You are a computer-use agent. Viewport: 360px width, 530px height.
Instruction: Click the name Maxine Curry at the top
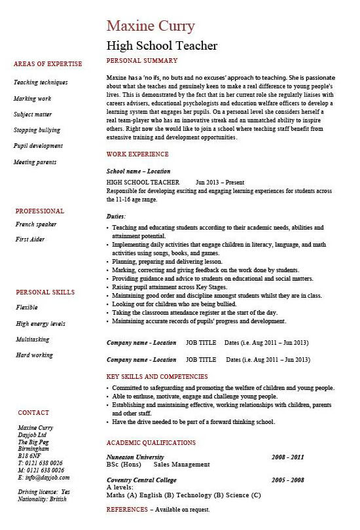pyautogui.click(x=150, y=26)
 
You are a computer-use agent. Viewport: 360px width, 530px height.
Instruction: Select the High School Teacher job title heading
pyautogui.click(x=162, y=46)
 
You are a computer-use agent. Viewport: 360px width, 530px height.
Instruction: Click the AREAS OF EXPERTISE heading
pyautogui.click(x=48, y=64)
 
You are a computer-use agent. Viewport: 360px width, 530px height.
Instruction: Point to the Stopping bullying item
pyautogui.click(x=37, y=130)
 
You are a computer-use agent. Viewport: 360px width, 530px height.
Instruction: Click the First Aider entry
pyautogui.click(x=31, y=239)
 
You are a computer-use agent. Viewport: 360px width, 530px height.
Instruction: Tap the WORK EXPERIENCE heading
pyautogui.click(x=137, y=154)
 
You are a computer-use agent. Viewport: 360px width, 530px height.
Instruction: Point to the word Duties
pyautogui.click(x=116, y=216)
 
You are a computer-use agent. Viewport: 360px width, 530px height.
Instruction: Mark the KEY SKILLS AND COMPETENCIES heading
pyautogui.click(x=157, y=377)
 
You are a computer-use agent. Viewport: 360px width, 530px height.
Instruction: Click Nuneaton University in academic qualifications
pyautogui.click(x=135, y=457)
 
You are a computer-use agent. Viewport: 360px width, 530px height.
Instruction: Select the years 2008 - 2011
pyautogui.click(x=289, y=457)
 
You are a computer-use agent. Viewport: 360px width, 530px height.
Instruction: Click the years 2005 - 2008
pyautogui.click(x=289, y=480)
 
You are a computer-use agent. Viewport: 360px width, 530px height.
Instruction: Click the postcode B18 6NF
pyautogui.click(x=30, y=455)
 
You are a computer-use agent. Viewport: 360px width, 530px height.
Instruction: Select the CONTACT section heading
pyautogui.click(x=33, y=413)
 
